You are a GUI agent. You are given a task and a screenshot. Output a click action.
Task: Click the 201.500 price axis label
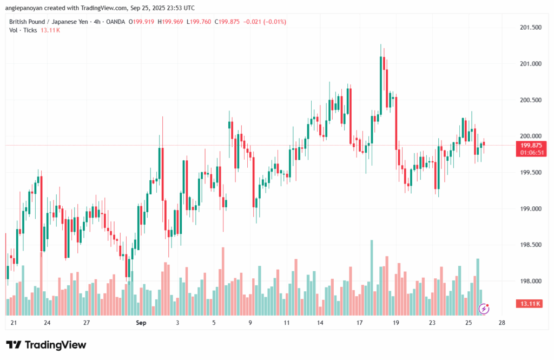coord(531,27)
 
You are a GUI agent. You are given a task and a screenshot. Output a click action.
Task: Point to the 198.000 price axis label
coord(531,281)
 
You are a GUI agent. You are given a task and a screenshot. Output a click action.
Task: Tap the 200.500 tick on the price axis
coord(531,100)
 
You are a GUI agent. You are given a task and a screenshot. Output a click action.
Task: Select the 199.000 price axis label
coord(531,208)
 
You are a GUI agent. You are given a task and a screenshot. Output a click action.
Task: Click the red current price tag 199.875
coord(531,145)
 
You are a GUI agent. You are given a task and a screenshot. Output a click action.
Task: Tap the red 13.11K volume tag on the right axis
coord(531,304)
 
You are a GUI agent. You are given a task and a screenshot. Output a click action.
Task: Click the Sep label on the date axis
coord(141,323)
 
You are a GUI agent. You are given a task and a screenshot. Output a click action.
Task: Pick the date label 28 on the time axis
coord(503,323)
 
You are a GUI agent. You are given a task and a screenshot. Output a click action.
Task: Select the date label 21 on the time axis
coord(14,323)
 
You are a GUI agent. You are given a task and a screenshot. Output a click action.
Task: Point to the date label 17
coord(359,323)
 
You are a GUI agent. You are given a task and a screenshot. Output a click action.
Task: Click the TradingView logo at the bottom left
coord(46,345)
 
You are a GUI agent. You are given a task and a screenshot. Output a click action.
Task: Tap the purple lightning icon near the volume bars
coord(484,309)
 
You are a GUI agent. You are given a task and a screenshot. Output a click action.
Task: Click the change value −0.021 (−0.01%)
coord(266,22)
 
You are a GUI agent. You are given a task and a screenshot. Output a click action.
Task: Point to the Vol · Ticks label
coord(23,30)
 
